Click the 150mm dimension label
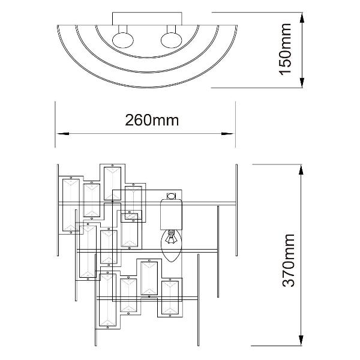click(285, 49)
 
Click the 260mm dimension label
click(152, 120)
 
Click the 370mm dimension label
click(288, 260)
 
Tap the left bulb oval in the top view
click(123, 40)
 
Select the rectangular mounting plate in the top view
click(147, 19)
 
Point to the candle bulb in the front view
click(172, 245)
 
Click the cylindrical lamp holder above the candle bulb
click(171, 214)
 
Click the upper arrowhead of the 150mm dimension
click(302, 17)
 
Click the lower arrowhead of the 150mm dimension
click(302, 82)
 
